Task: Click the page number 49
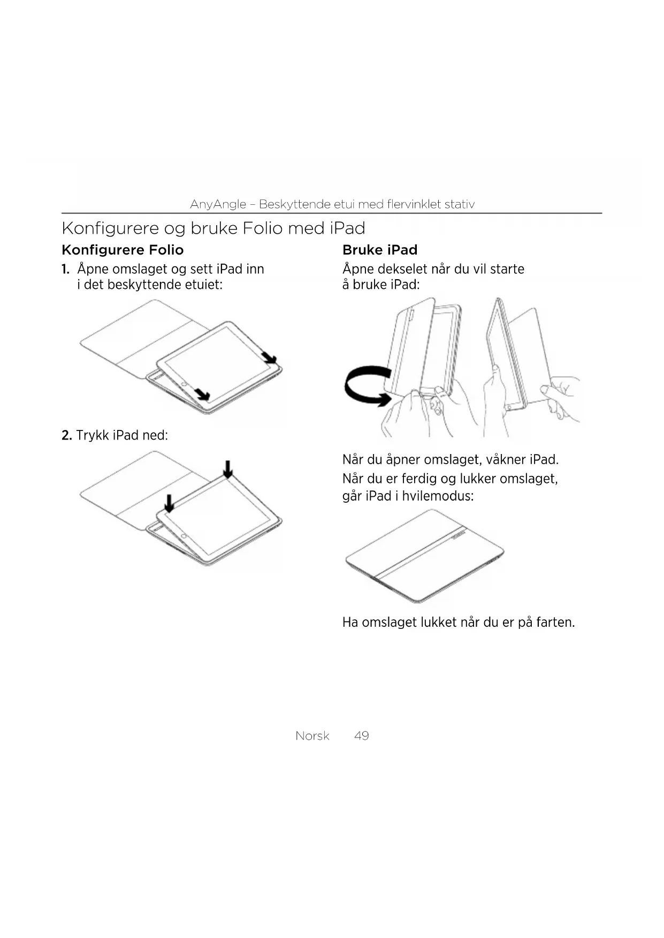tap(361, 736)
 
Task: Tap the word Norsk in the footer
tap(312, 736)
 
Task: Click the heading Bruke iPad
tap(379, 250)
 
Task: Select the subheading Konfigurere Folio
tap(123, 250)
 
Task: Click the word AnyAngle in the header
tap(218, 204)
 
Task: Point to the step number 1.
tap(65, 269)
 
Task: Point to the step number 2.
tap(66, 435)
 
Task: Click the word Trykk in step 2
tap(93, 435)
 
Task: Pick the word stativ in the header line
tap(460, 204)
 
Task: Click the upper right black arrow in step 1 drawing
tap(269, 357)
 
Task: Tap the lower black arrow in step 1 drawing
tap(202, 395)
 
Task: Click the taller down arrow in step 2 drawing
tap(228, 469)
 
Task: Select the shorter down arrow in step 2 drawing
tap(169, 503)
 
